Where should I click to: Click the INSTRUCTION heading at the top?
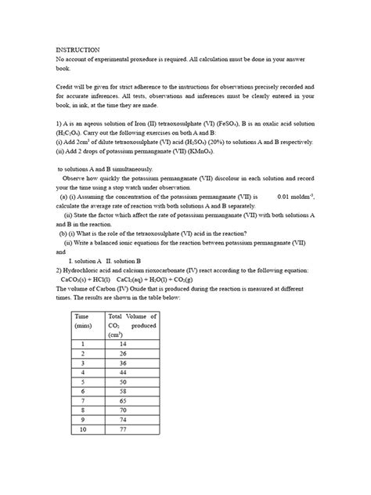(77, 49)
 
